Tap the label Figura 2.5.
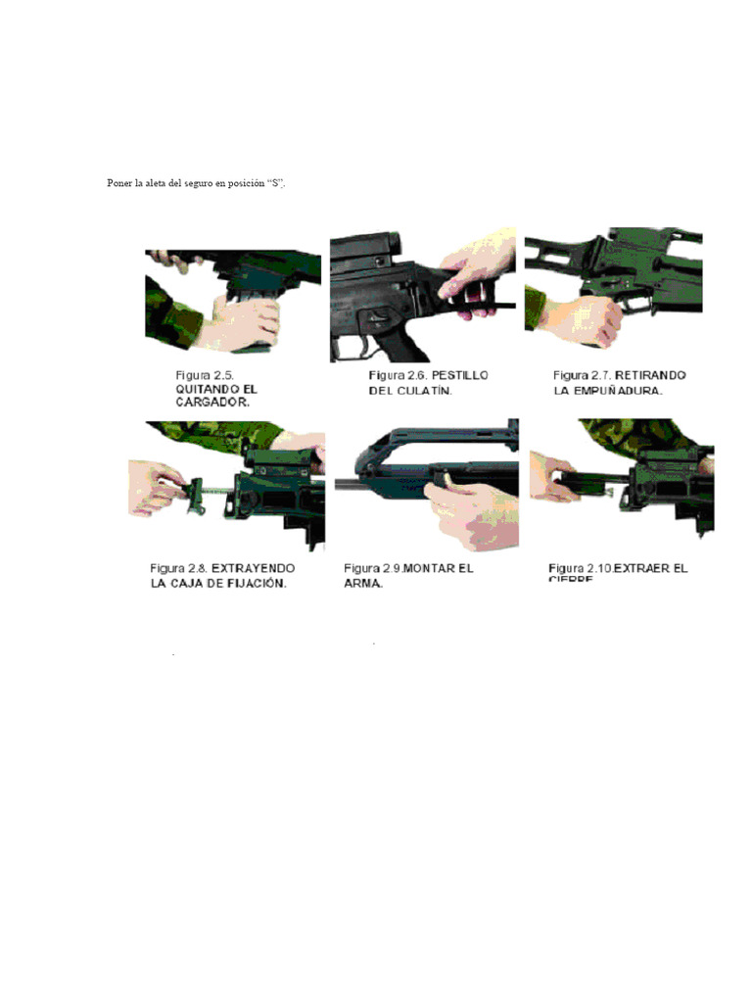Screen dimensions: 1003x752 [207, 375]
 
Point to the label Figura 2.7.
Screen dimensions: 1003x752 [582, 375]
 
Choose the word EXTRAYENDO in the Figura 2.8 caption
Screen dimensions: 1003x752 [254, 568]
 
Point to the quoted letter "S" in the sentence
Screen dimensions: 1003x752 [275, 184]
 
